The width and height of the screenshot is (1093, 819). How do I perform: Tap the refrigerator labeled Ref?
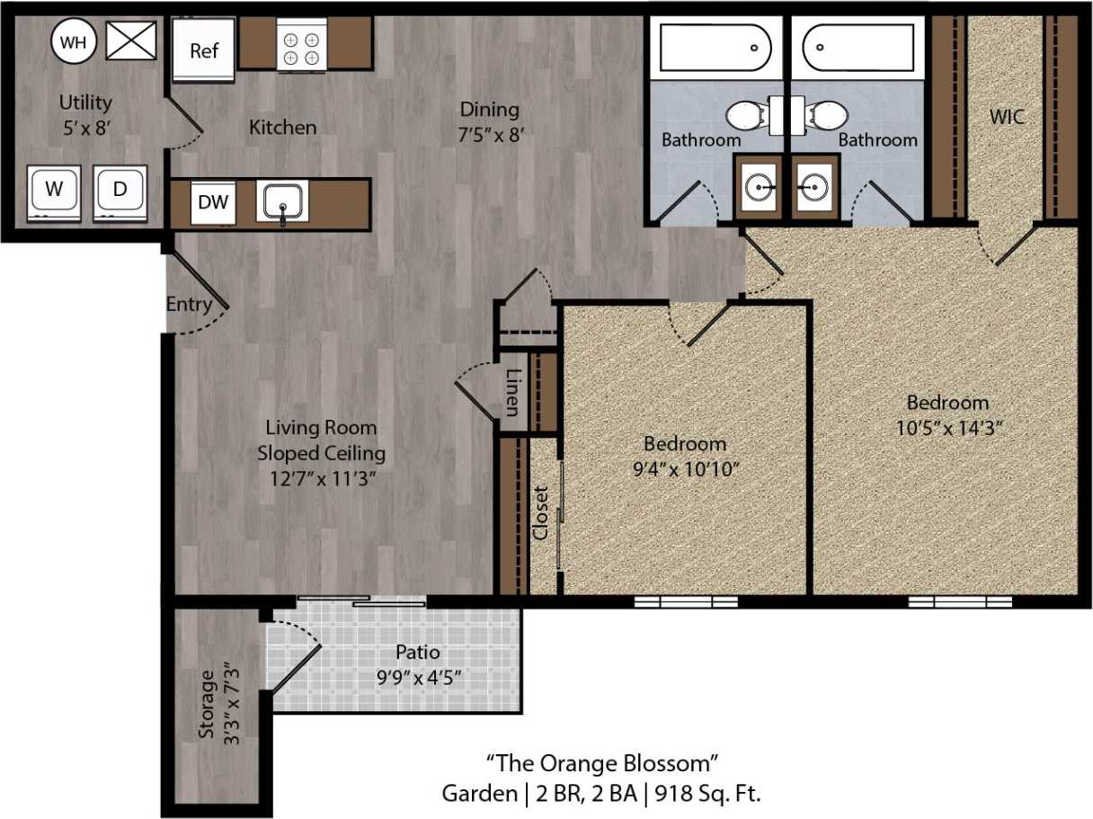tap(204, 50)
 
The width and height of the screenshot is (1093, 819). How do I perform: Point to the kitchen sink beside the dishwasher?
tap(282, 201)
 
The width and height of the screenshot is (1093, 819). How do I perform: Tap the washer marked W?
tap(55, 191)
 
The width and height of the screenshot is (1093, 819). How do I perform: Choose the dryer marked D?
tap(120, 191)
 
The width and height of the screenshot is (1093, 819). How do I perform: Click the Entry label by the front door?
tap(189, 305)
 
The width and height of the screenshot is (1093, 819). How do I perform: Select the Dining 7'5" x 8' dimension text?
tap(490, 134)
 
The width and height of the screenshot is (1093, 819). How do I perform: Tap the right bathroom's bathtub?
tap(858, 48)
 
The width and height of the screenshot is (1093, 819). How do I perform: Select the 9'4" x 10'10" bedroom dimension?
tap(685, 468)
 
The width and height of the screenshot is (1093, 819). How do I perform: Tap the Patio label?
tap(418, 653)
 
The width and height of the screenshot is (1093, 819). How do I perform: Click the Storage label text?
tap(208, 704)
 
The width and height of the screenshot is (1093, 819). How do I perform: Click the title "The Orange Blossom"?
tap(602, 764)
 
